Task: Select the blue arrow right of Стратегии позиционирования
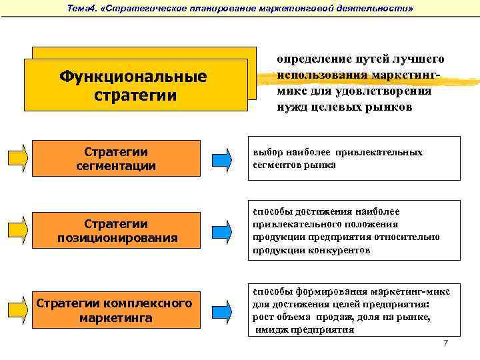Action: (222, 231)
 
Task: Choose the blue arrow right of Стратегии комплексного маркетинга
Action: (222, 310)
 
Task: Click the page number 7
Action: (446, 343)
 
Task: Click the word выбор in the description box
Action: (265, 152)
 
